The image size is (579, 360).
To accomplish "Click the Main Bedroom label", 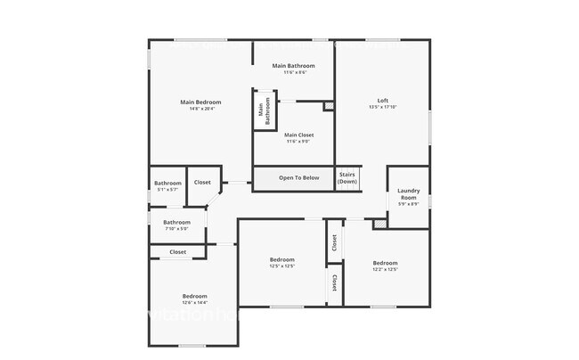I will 200,102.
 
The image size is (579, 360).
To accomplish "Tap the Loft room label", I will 383,100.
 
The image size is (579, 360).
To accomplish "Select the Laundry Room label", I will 409,193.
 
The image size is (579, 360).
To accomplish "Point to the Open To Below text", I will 298,178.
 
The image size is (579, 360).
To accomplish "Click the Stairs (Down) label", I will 347,177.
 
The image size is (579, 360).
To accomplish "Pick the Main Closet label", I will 298,135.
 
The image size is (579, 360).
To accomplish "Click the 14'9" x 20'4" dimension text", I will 200,109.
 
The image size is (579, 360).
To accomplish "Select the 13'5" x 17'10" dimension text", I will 383,107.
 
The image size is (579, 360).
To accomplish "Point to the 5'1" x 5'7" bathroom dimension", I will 167,190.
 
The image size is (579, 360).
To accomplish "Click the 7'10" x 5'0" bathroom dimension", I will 176,229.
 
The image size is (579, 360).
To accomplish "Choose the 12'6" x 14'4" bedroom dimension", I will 194,303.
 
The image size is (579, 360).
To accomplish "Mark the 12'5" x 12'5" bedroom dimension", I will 281,266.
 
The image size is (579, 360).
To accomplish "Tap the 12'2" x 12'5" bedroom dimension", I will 385,269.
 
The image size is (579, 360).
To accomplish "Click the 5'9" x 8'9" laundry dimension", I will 409,204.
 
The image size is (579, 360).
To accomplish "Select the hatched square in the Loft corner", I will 329,106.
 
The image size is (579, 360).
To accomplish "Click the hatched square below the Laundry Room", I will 380,224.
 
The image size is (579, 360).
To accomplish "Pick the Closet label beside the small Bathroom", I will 202,183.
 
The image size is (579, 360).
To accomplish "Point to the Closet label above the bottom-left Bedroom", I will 178,252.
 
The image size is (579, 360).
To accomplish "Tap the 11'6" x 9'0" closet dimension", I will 298,141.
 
